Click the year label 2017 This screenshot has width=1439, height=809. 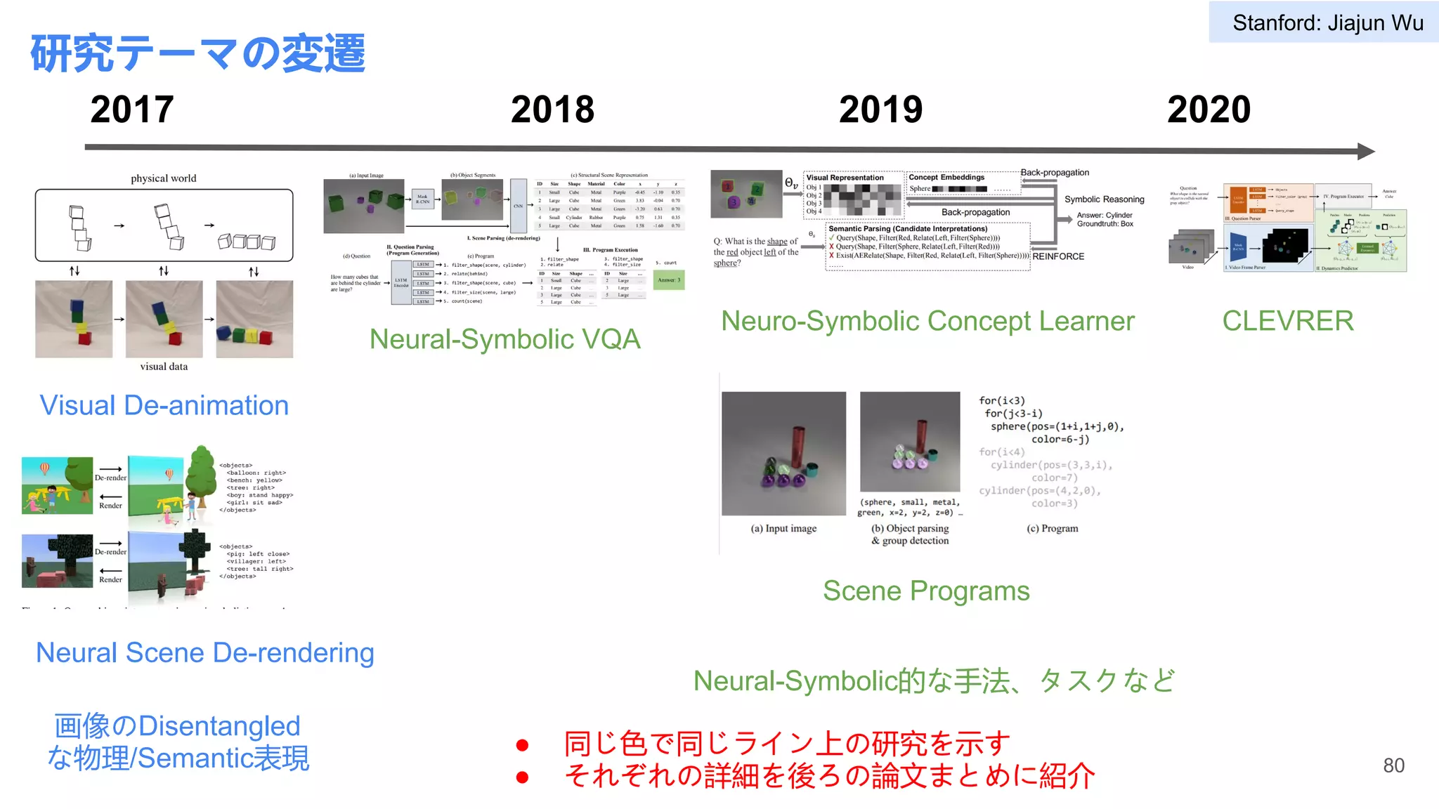pyautogui.click(x=132, y=110)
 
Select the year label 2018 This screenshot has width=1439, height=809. pyautogui.click(x=552, y=110)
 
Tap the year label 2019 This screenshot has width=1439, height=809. pyautogui.click(x=880, y=110)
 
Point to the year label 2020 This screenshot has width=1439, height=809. pyautogui.click(x=1209, y=110)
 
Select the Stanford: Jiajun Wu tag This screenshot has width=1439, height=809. pyautogui.click(x=1327, y=23)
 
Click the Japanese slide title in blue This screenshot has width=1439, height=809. pyautogui.click(x=197, y=53)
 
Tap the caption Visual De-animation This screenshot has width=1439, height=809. pyautogui.click(x=164, y=405)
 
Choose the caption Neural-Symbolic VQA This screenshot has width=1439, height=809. pyautogui.click(x=504, y=339)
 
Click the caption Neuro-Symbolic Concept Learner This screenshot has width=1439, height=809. pyautogui.click(x=927, y=321)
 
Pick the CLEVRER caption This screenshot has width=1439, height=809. pyautogui.click(x=1287, y=321)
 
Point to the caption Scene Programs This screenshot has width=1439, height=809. pyautogui.click(x=926, y=591)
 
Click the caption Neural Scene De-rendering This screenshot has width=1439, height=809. pyautogui.click(x=205, y=652)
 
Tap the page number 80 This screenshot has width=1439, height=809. pyautogui.click(x=1393, y=765)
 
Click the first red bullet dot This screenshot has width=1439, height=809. pyautogui.click(x=522, y=745)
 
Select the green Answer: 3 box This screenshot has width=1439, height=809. pyautogui.click(x=668, y=280)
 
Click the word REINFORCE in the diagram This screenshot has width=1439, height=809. pyautogui.click(x=1058, y=256)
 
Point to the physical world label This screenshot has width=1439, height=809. pyautogui.click(x=164, y=178)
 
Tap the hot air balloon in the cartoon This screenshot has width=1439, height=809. pyautogui.click(x=44, y=468)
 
